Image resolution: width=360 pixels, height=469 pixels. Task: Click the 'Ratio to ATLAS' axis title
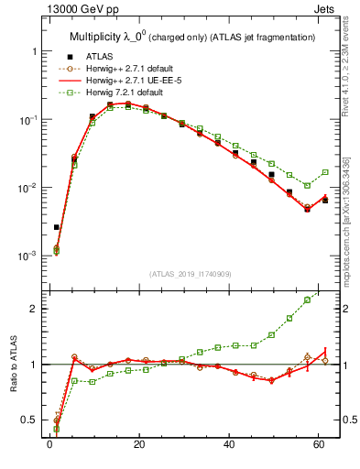[14, 364]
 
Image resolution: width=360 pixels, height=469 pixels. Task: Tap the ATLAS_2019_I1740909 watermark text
[191, 274]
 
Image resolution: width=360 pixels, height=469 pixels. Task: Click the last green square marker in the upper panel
[325, 172]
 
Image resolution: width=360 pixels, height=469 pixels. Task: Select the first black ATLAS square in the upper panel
[56, 227]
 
